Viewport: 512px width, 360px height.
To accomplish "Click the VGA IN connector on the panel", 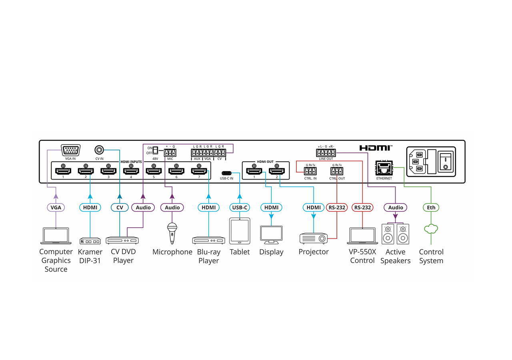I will point(71,150).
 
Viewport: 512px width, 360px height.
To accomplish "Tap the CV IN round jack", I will point(99,150).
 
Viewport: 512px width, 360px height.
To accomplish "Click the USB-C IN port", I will point(226,173).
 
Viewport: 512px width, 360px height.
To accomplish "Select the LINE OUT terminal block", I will point(326,152).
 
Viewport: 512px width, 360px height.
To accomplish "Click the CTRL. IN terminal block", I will point(310,171).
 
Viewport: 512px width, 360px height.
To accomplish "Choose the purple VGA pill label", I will point(56,207).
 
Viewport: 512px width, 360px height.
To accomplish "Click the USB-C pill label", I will point(240,207).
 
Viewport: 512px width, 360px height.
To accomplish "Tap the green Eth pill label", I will point(431,207).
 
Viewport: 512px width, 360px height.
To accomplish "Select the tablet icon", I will point(240,230).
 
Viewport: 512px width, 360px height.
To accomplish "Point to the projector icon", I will point(314,238).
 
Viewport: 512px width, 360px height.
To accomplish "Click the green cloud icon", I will point(431,229).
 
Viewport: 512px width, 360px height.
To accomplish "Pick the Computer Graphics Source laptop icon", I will point(56,236).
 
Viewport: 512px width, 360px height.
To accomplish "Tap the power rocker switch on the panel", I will point(446,162).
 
